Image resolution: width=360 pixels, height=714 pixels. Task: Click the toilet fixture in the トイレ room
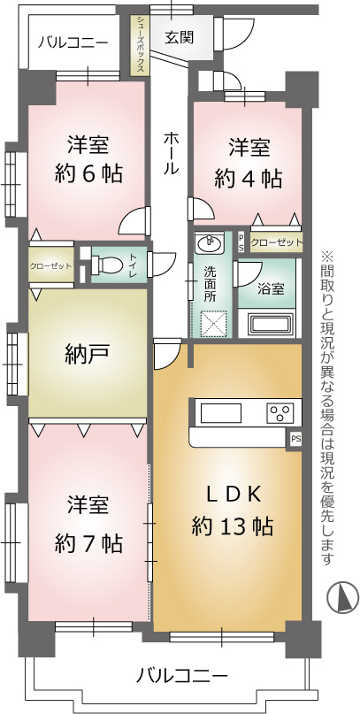point(105,265)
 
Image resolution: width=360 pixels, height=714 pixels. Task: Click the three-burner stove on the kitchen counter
point(279,412)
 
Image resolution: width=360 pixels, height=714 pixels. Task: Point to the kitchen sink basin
point(221,413)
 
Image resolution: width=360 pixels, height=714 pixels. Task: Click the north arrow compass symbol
point(342,597)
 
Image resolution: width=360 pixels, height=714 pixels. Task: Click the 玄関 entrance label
point(179,37)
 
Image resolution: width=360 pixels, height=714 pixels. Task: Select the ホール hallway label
point(170,153)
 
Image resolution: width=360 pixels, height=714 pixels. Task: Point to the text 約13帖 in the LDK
point(232,526)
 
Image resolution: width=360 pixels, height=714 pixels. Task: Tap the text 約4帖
point(248,179)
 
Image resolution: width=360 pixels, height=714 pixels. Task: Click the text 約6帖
point(88,173)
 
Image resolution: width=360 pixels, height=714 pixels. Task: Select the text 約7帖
point(88,542)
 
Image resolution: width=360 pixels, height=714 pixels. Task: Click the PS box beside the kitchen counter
point(295,440)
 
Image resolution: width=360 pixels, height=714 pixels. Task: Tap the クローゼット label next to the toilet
point(51,265)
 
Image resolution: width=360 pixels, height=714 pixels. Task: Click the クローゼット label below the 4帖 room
point(276,242)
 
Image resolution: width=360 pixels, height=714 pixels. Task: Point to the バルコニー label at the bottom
point(181,675)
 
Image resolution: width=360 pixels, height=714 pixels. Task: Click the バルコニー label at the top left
point(73,43)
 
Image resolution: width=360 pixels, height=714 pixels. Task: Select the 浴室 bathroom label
point(272,288)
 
